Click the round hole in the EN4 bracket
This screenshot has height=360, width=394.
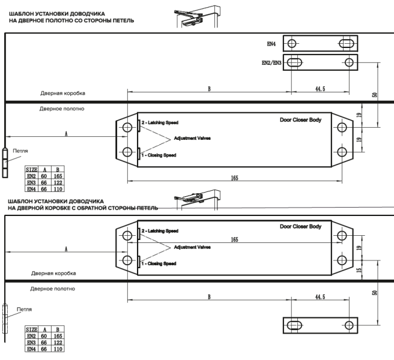pyautogui.click(x=291, y=44)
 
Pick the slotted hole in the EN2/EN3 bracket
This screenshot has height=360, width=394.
pyautogui.click(x=294, y=62)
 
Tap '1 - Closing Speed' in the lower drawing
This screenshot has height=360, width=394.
pyautogui.click(x=160, y=262)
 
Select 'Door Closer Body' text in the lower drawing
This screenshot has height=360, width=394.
pyautogui.click(x=300, y=226)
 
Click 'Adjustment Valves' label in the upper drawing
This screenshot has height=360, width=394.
pyautogui.click(x=192, y=138)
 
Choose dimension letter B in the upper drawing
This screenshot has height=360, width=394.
pyautogui.click(x=209, y=89)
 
